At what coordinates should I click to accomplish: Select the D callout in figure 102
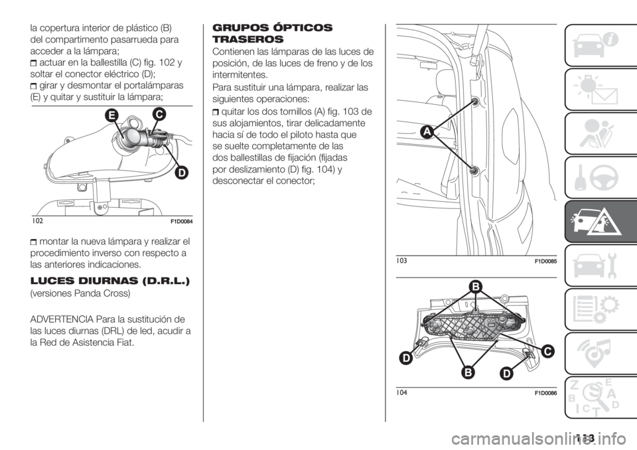click(x=182, y=173)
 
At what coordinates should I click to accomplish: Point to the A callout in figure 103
click(x=429, y=132)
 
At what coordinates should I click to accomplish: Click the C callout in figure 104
click(x=547, y=351)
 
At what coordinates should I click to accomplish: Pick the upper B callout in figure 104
click(x=476, y=287)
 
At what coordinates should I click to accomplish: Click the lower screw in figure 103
click(x=473, y=170)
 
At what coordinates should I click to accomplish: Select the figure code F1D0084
click(x=180, y=222)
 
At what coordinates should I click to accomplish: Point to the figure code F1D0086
click(x=545, y=393)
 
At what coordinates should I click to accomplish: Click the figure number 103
click(x=401, y=261)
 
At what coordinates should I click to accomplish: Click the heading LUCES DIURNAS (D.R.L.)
click(x=109, y=281)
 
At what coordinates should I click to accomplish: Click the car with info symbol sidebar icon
click(x=597, y=45)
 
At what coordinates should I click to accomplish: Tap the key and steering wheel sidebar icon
click(x=597, y=177)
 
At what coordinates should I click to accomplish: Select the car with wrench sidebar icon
click(x=597, y=265)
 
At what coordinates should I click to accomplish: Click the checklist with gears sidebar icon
click(x=597, y=309)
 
